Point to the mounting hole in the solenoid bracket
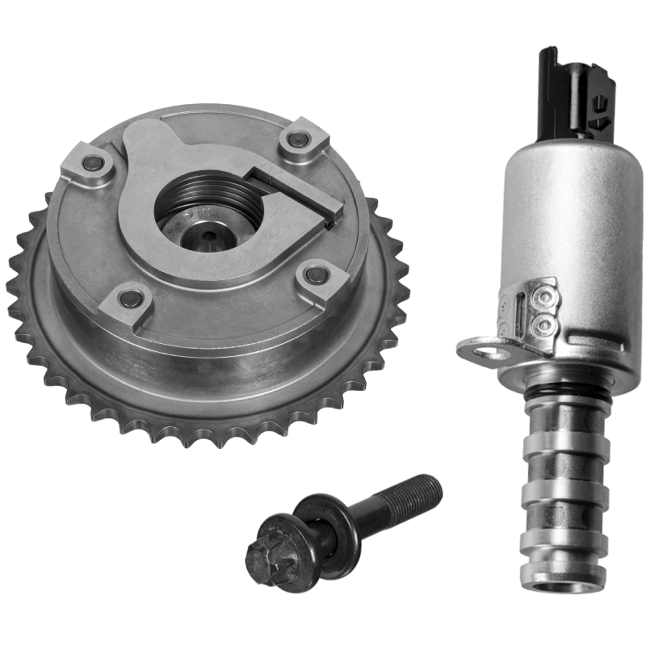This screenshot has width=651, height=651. (x=490, y=353)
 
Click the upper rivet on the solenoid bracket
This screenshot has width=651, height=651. (x=544, y=297)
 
